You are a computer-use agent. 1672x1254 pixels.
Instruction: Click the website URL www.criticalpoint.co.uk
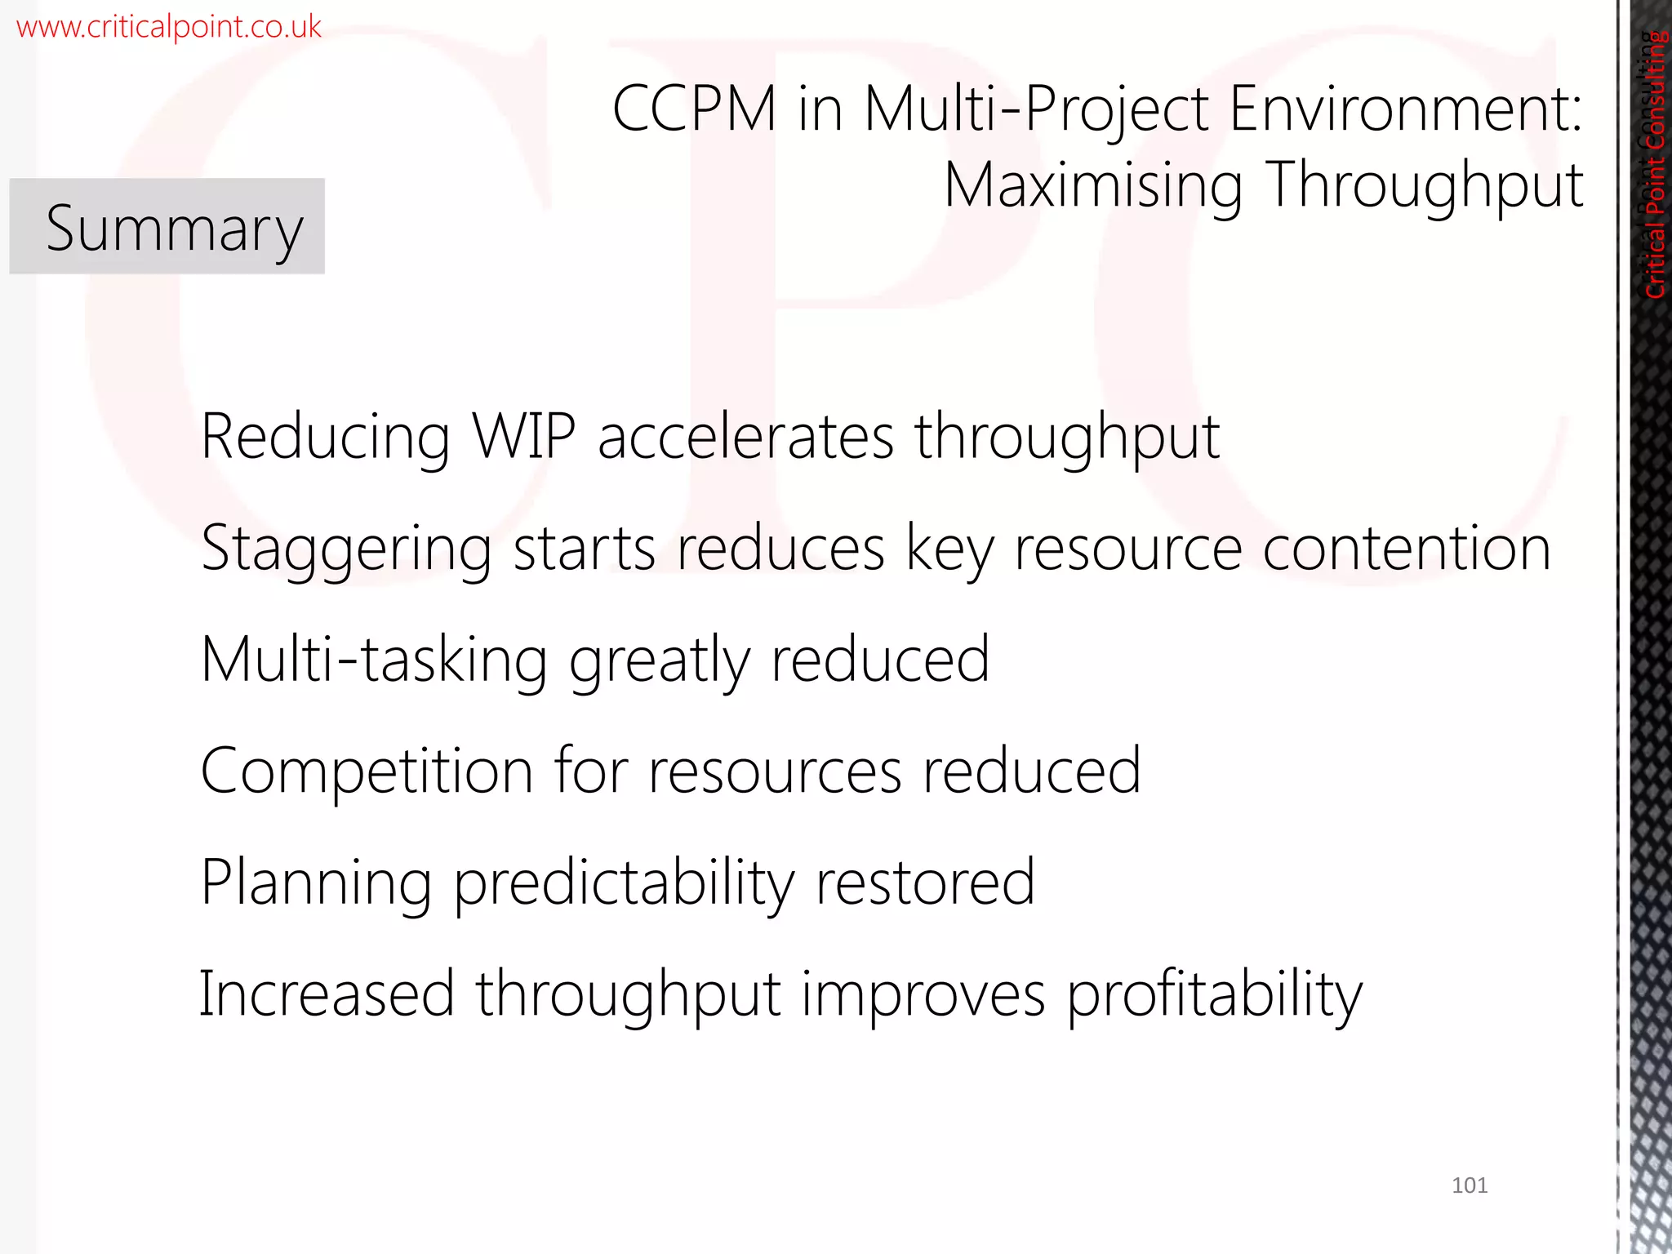[168, 27]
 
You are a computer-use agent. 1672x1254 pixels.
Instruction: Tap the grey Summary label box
[167, 226]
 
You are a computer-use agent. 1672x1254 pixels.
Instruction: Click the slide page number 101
[1470, 1185]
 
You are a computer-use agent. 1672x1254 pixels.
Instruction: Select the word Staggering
[346, 549]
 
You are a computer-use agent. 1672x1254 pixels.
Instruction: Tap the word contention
[1407, 549]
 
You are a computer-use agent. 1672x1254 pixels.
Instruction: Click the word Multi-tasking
[374, 660]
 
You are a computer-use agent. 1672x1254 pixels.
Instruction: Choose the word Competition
[367, 771]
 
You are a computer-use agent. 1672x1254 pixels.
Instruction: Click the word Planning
[316, 883]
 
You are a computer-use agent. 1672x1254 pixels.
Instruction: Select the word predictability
[624, 883]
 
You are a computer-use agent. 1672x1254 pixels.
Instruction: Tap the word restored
[926, 883]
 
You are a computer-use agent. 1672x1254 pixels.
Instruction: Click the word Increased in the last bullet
[327, 994]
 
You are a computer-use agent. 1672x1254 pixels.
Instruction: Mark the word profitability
[1215, 995]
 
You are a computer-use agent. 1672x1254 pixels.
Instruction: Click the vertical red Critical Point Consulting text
[1655, 163]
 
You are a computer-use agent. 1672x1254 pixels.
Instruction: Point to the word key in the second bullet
[950, 549]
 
